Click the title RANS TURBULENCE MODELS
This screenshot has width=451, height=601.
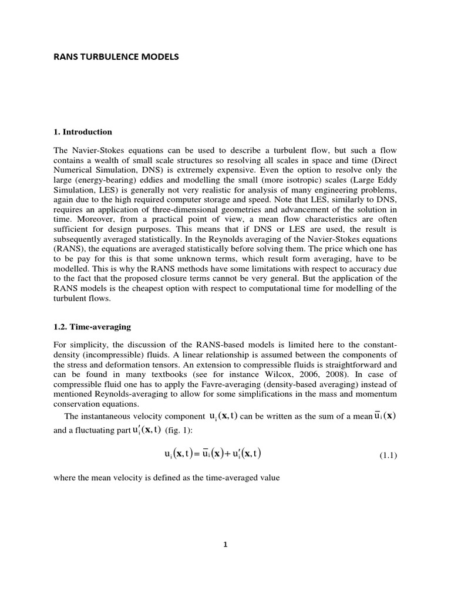(x=116, y=57)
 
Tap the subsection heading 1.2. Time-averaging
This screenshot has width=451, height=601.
(x=92, y=325)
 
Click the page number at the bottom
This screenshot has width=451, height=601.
(x=225, y=544)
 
